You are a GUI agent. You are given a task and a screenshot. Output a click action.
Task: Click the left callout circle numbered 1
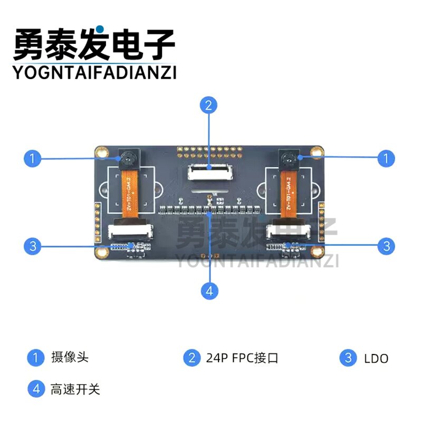(33, 158)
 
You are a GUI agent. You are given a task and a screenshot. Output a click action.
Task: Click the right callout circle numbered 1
(386, 158)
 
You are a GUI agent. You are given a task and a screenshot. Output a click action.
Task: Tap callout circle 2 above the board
(209, 105)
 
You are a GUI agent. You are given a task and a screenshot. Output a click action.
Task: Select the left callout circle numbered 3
(33, 245)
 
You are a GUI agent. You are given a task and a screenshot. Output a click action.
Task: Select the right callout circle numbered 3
(386, 245)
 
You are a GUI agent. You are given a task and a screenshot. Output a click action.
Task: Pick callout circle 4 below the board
(209, 291)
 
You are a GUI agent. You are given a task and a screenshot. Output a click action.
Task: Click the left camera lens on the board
(127, 158)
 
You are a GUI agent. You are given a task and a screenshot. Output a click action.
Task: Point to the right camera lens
(288, 158)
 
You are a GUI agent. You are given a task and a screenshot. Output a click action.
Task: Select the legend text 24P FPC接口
(242, 358)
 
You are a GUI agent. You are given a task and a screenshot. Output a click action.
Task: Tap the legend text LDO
(376, 359)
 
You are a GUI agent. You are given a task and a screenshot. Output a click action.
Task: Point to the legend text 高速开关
(75, 390)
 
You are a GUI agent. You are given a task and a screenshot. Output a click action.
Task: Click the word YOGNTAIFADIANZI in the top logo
(94, 72)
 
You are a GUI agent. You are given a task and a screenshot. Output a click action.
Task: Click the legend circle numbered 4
(36, 389)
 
